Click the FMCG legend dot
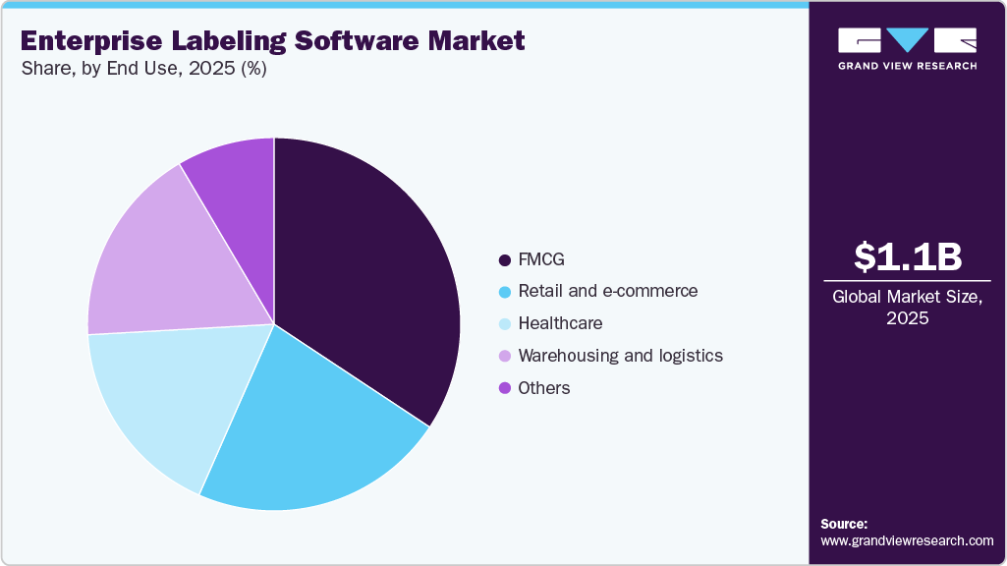(x=505, y=260)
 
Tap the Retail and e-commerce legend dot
(x=505, y=292)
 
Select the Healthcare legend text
(x=560, y=323)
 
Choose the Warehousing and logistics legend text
(x=620, y=356)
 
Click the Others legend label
(x=544, y=388)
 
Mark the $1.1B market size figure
(x=907, y=256)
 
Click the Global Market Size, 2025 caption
(x=907, y=308)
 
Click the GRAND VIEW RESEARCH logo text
(x=907, y=66)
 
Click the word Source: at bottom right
(x=844, y=524)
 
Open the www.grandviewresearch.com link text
(x=907, y=540)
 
